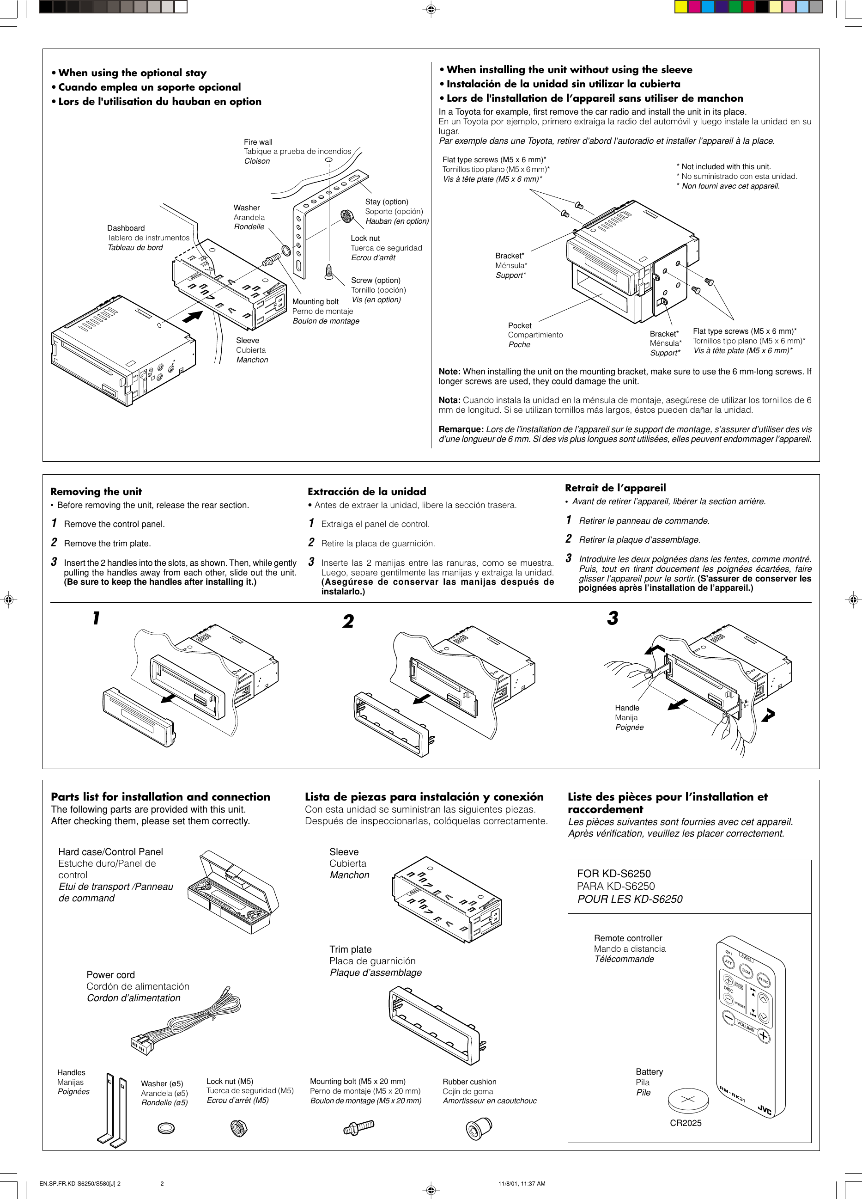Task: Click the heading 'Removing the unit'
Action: point(96,491)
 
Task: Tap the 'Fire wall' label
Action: point(258,142)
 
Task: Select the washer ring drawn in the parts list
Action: point(166,1128)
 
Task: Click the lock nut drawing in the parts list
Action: point(239,1128)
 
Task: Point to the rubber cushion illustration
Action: point(479,1129)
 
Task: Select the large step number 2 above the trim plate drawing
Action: point(348,621)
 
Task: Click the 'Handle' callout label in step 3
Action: point(627,708)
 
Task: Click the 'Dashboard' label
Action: point(126,228)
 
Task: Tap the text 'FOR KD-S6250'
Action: point(613,874)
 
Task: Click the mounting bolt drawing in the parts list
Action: point(358,1126)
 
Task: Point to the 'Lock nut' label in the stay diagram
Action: point(365,239)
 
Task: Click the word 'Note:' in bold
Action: point(449,372)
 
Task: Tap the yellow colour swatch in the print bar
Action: point(681,7)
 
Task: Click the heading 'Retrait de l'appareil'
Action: point(615,488)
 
